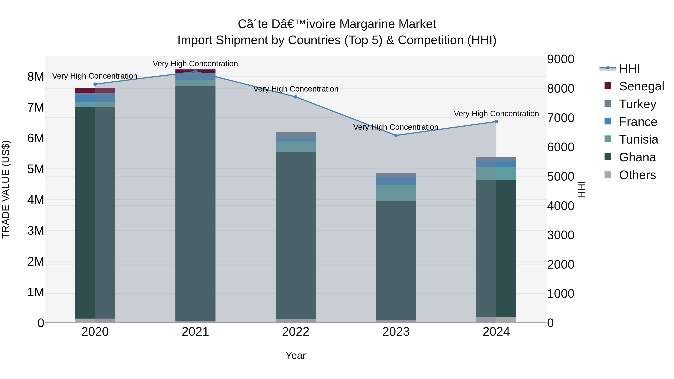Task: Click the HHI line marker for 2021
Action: (x=195, y=71)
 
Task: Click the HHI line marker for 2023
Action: (x=396, y=135)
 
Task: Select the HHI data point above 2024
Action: (x=496, y=122)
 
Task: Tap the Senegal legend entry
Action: (x=641, y=86)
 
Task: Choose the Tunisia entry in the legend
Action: (x=638, y=139)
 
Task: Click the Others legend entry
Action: (x=637, y=175)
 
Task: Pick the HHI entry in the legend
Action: (x=629, y=69)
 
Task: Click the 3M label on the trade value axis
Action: (x=36, y=231)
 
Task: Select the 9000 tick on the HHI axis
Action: (x=560, y=59)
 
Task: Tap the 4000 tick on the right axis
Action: (x=560, y=206)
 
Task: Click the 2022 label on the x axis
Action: (x=295, y=332)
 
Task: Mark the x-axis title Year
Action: (x=295, y=355)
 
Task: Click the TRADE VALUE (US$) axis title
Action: (x=6, y=189)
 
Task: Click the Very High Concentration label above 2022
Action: (x=296, y=89)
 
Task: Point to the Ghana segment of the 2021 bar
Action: (x=195, y=204)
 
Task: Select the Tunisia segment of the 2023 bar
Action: (x=396, y=193)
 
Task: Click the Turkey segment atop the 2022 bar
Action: (x=295, y=135)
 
